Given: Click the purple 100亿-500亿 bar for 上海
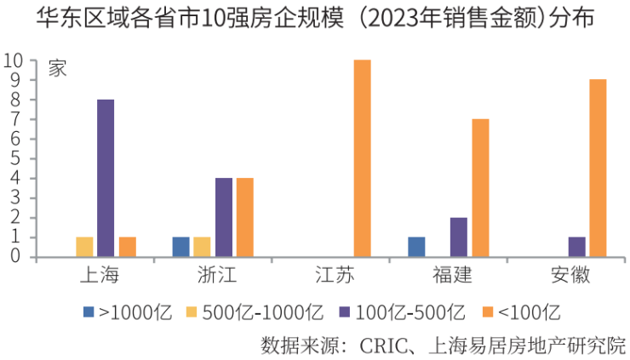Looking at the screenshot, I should [106, 178].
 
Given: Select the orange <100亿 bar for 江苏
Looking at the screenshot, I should [363, 158].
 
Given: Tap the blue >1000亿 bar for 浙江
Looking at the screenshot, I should [180, 247].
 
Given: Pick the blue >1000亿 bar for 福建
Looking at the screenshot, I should [416, 247].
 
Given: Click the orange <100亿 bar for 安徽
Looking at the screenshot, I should [598, 168].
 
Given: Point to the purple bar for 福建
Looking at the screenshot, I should [459, 237].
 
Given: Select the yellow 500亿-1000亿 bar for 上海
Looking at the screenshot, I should [84, 247].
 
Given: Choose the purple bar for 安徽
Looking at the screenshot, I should [576, 247].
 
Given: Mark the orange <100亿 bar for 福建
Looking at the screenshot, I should [480, 187].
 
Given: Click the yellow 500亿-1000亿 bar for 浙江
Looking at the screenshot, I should [202, 247].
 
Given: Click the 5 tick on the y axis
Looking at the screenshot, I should [18, 158].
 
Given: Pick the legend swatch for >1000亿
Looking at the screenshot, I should [89, 311].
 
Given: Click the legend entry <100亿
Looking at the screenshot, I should [529, 311].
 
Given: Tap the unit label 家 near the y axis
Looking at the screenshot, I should [58, 70].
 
